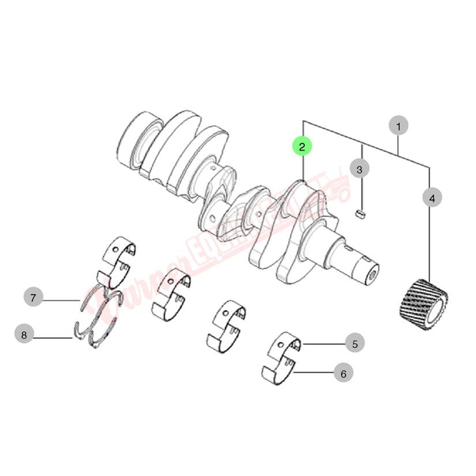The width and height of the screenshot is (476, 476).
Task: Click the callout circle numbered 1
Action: coord(398,125)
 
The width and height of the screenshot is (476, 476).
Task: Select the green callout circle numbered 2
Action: coord(302,147)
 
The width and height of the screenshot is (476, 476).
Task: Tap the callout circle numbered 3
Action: coord(359,170)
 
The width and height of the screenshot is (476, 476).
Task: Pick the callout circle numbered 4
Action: coord(431,198)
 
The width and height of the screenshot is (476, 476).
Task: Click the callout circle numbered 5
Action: coord(355,343)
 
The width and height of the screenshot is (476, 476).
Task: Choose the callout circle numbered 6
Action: coord(343,373)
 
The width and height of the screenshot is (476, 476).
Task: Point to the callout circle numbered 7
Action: coord(33,298)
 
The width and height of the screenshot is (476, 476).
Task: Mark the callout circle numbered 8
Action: coord(24,333)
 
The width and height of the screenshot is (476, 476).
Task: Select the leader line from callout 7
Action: coord(61,299)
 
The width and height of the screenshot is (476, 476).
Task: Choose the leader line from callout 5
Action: coord(323,344)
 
